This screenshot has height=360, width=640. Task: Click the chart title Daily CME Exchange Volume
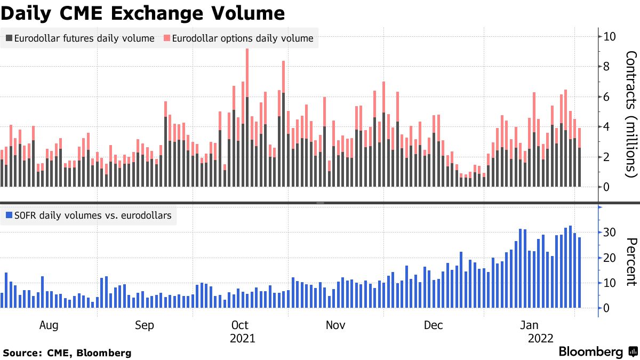pos(142,12)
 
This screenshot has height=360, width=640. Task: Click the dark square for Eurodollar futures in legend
pos(9,38)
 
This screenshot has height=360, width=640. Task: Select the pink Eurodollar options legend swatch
pos(167,38)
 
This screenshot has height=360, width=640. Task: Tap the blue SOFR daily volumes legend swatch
pos(9,216)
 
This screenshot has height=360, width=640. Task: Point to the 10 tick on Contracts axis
pos(610,37)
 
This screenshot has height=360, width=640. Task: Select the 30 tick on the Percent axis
pos(610,232)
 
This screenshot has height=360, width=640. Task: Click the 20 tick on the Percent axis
pos(610,258)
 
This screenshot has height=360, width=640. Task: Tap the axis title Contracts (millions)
pos(631,114)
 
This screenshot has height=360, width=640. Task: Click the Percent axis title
pos(631,262)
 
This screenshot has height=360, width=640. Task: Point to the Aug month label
pos(49,325)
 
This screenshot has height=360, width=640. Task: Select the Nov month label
pos(335,325)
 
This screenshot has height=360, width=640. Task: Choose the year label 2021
pos(243,339)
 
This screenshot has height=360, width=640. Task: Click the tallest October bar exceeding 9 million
pos(247,117)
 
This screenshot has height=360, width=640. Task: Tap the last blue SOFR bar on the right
pos(580,273)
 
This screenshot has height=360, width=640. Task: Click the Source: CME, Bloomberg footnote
pos(67,353)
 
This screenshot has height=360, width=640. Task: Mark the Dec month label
pos(434,325)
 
